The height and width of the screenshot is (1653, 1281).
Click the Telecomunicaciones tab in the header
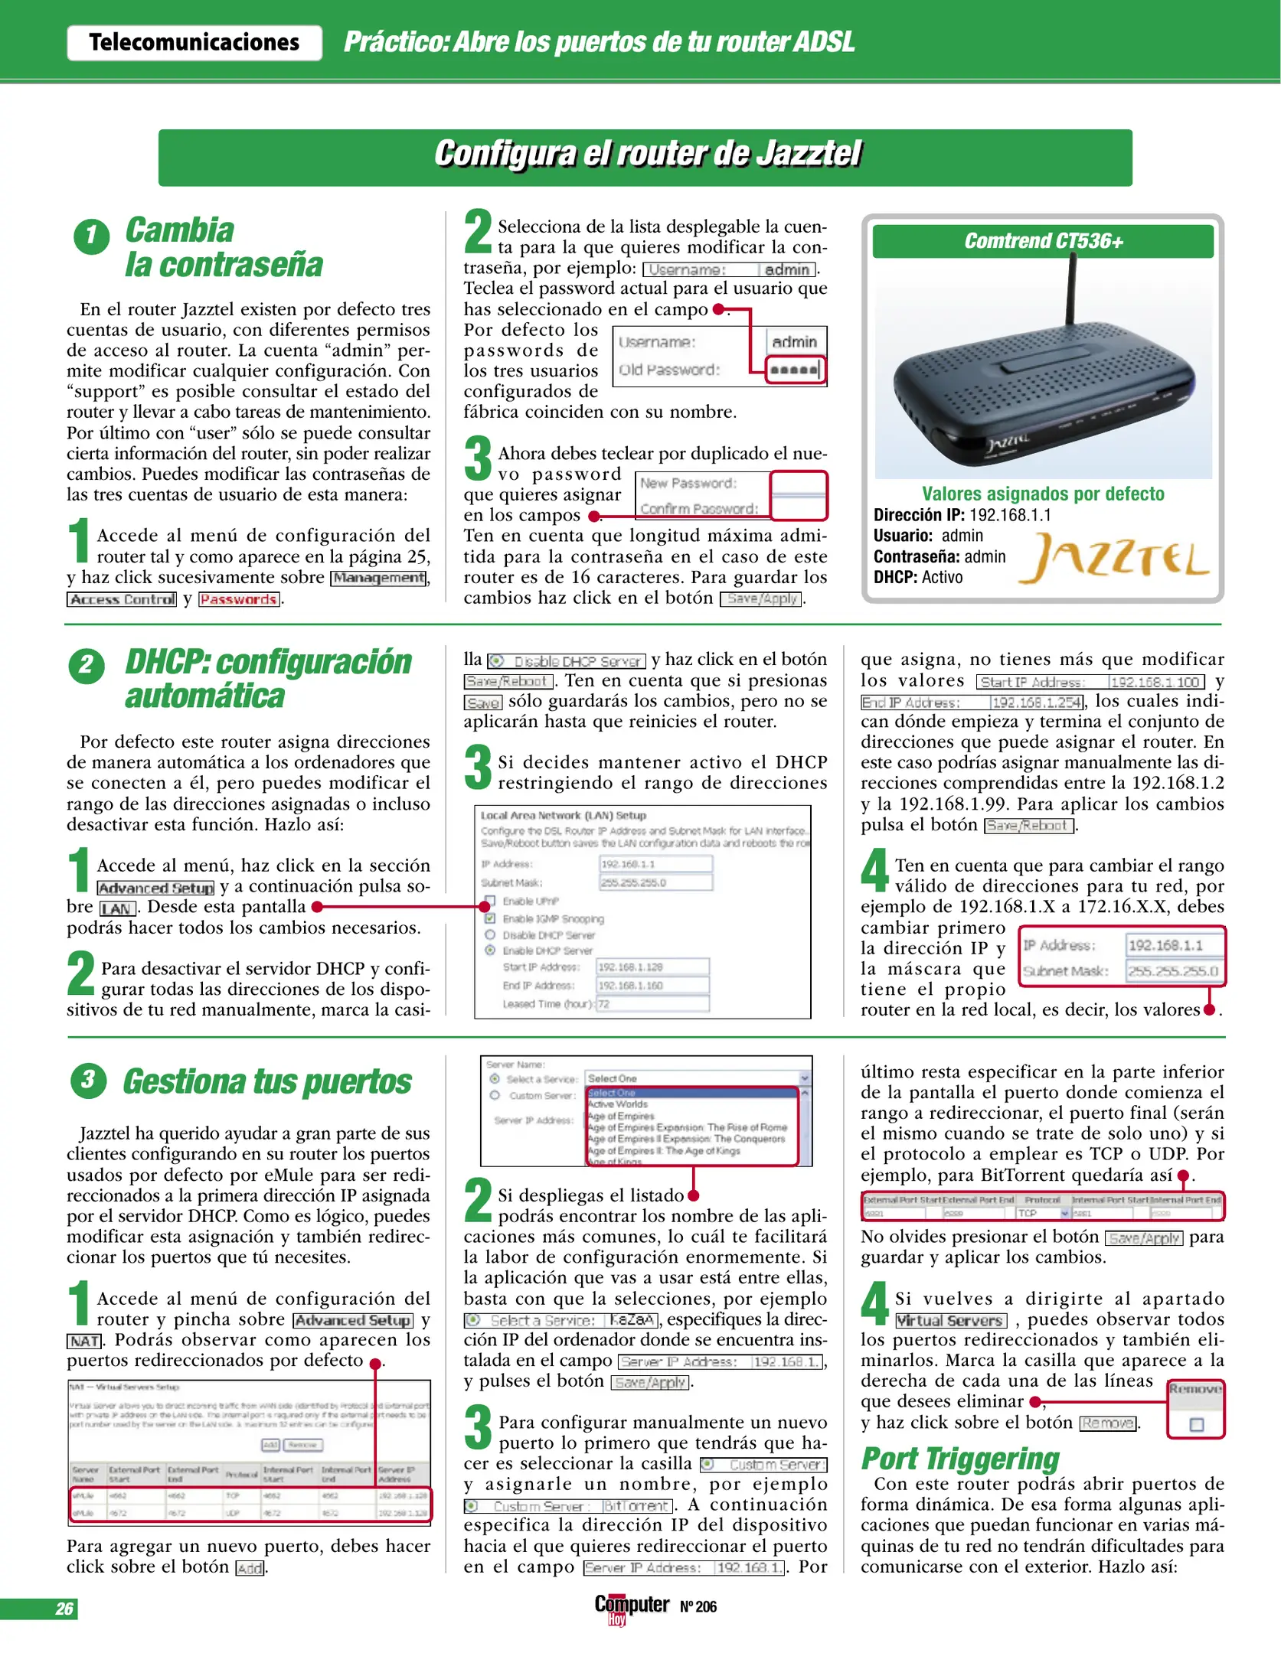[194, 42]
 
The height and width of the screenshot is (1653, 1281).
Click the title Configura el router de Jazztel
[647, 154]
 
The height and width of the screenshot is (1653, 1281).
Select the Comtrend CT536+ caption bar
[1043, 241]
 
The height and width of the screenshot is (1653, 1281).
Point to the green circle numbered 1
[91, 236]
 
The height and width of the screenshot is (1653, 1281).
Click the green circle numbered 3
[88, 1081]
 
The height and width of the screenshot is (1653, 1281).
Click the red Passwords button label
[239, 599]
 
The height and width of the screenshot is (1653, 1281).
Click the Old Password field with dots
[795, 370]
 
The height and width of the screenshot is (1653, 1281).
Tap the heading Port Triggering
[960, 1459]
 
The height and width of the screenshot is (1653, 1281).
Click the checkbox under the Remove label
[1197, 1424]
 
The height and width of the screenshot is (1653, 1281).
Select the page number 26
[64, 1609]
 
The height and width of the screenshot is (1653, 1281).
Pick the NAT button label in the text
[84, 1341]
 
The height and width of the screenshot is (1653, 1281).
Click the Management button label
[378, 578]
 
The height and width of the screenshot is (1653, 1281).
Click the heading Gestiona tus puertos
[267, 1082]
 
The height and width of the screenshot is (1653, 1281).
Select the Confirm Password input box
[798, 507]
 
